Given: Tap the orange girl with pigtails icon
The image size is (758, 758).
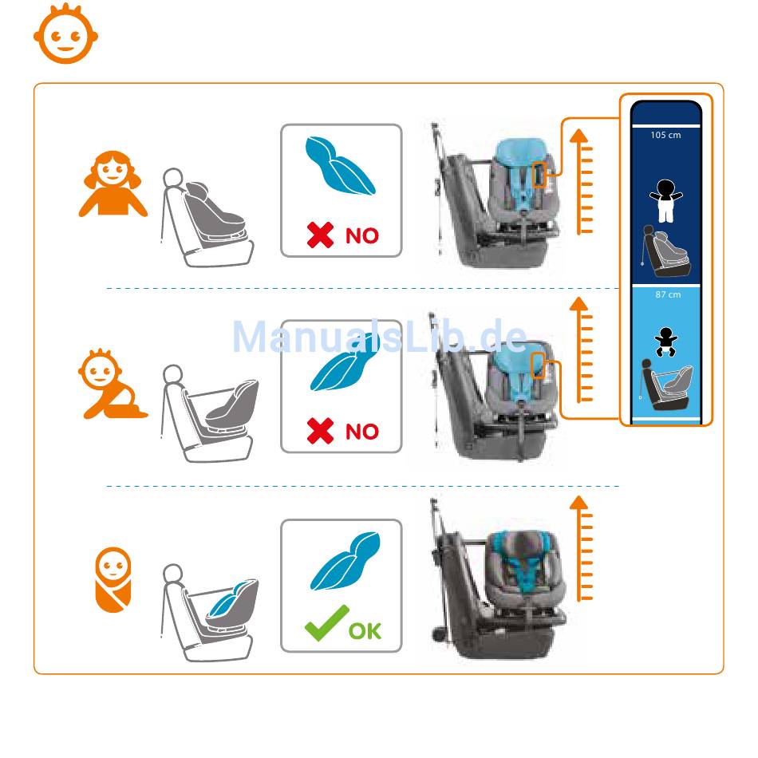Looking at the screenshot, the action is tap(113, 184).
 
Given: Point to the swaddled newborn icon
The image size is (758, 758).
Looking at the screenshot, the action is tap(113, 579).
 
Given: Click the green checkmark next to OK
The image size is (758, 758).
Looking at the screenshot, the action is tap(326, 624).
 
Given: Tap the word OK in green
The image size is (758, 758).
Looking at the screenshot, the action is tap(365, 631).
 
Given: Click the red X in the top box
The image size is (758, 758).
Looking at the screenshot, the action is tap(320, 235).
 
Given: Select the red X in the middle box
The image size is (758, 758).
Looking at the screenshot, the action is tap(320, 431).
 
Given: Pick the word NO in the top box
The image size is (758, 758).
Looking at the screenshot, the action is tap(362, 236).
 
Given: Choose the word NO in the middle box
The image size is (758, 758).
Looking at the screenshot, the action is tap(362, 432).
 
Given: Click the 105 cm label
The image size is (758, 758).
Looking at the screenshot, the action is tap(665, 136).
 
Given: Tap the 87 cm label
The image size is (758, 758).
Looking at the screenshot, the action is tap(668, 294).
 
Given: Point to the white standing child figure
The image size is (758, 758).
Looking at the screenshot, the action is tap(666, 200).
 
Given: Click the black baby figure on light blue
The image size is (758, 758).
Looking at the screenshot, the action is tap(665, 341).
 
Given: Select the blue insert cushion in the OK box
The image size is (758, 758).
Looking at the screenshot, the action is tap(345, 561).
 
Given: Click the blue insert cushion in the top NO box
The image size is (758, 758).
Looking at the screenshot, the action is tap(341, 165).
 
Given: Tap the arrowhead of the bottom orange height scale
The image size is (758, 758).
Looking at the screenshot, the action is tap(578, 503).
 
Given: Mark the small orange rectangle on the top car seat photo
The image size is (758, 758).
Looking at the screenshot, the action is tap(539, 175).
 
